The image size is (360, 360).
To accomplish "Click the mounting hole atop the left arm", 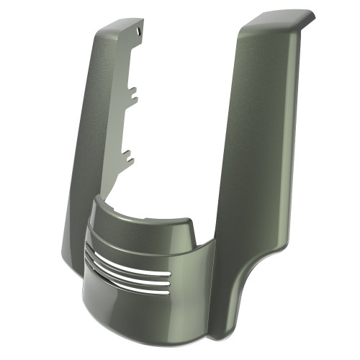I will pos(138,31).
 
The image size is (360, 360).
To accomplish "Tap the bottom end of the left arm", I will pos(72,259).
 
